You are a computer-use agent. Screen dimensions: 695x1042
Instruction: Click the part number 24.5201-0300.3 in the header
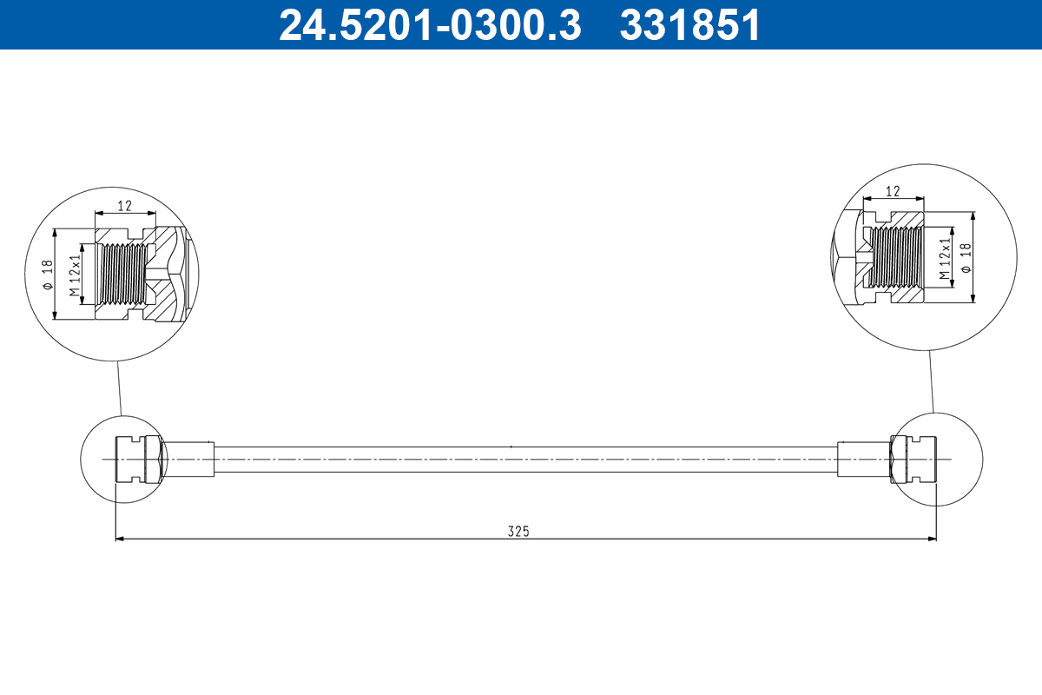tap(429, 25)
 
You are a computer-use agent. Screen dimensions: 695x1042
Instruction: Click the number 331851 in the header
tap(689, 25)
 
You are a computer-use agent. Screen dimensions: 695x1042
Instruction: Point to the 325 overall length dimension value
tap(518, 531)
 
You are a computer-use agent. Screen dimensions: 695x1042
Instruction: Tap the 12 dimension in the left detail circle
tap(124, 206)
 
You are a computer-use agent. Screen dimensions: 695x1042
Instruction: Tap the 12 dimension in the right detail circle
tap(892, 191)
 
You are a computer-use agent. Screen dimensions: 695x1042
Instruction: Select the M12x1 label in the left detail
tap(76, 274)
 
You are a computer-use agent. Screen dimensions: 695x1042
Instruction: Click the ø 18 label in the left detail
tap(49, 275)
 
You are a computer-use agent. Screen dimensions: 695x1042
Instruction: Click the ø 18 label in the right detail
tap(965, 258)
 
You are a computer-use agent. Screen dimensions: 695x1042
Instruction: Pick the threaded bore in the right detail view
tap(894, 259)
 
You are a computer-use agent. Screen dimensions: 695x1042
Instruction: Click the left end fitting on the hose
tap(137, 459)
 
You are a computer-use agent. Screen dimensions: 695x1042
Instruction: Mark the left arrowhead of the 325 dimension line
tap(121, 539)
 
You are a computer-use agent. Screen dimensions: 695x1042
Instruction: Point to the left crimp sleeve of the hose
tap(188, 459)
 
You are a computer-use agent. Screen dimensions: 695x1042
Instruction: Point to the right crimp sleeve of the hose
tap(863, 459)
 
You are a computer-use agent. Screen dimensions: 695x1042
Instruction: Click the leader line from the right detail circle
tap(931, 382)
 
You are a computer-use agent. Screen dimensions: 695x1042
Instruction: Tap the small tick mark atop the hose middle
tap(511, 447)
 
